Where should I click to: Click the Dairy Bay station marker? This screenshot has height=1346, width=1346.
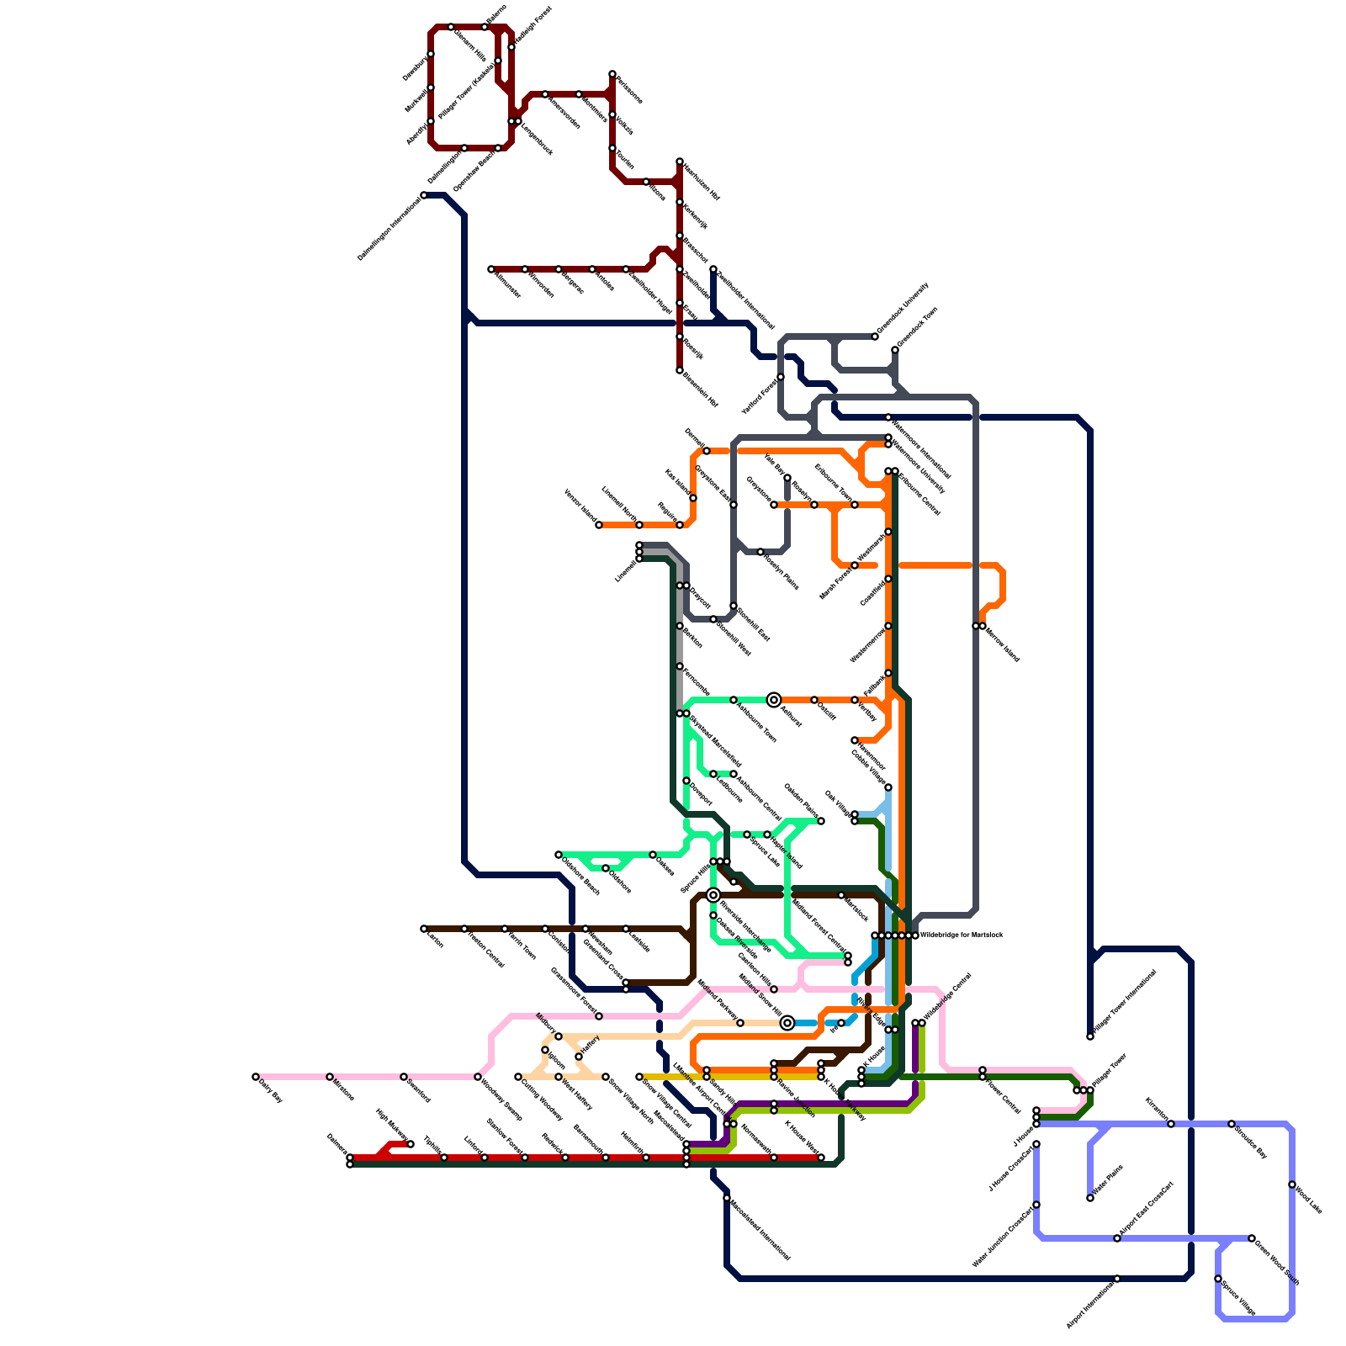(256, 1077)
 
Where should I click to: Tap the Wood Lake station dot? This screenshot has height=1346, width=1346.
(1292, 1184)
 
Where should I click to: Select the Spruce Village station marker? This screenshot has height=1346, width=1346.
(1218, 1279)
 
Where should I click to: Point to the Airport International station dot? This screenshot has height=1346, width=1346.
(1117, 1279)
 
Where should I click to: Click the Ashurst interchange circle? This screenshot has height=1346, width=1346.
(774, 700)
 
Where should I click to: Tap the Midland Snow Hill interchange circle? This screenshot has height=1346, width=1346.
(787, 1023)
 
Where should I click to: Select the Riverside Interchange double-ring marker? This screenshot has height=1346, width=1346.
(713, 895)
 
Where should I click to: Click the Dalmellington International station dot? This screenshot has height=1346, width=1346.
(424, 195)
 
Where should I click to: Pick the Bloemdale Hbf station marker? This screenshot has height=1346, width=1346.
(680, 370)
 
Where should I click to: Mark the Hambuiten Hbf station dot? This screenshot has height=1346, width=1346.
(680, 162)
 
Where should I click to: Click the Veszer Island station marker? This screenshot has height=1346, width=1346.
(599, 525)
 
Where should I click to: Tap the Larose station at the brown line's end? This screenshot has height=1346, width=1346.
(424, 929)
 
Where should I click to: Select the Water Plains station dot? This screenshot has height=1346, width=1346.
(1090, 1198)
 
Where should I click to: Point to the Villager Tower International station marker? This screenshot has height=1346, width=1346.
(1090, 1036)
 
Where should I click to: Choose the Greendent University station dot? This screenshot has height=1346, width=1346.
(875, 336)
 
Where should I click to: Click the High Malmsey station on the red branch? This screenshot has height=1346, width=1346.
(411, 1144)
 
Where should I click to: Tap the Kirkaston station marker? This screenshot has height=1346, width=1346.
(1171, 1124)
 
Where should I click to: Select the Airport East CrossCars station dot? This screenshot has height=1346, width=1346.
(1117, 1238)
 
